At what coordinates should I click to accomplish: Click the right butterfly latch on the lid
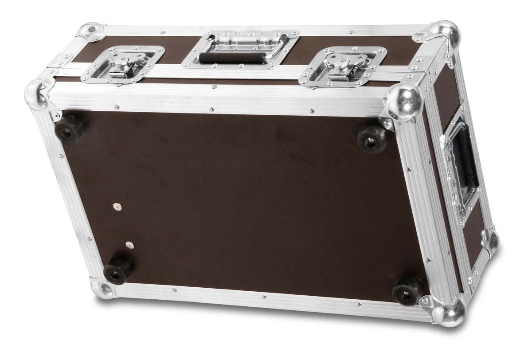342,66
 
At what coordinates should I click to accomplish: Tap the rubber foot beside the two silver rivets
117,270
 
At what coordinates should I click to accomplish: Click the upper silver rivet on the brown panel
117,206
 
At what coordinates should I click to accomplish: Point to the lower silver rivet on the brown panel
129,244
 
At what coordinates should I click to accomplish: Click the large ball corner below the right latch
404,103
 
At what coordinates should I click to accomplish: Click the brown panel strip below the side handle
474,231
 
